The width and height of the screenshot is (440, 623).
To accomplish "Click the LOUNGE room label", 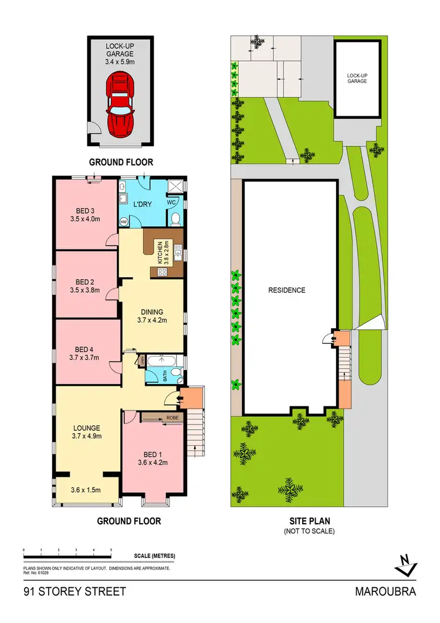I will pyautogui.click(x=86, y=427).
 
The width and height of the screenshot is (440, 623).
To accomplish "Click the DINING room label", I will pyautogui.click(x=151, y=312).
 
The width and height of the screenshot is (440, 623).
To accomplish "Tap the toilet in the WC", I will pyautogui.click(x=175, y=219).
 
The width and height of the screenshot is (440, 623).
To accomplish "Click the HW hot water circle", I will pyautogui.click(x=124, y=222).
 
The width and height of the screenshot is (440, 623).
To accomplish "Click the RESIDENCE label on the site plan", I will pyautogui.click(x=287, y=290).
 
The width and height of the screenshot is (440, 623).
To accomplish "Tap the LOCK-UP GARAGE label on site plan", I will pyautogui.click(x=356, y=78).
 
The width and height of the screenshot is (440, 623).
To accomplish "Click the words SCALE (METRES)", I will pyautogui.click(x=154, y=556).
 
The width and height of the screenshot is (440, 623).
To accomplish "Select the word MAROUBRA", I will pyautogui.click(x=385, y=591).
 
